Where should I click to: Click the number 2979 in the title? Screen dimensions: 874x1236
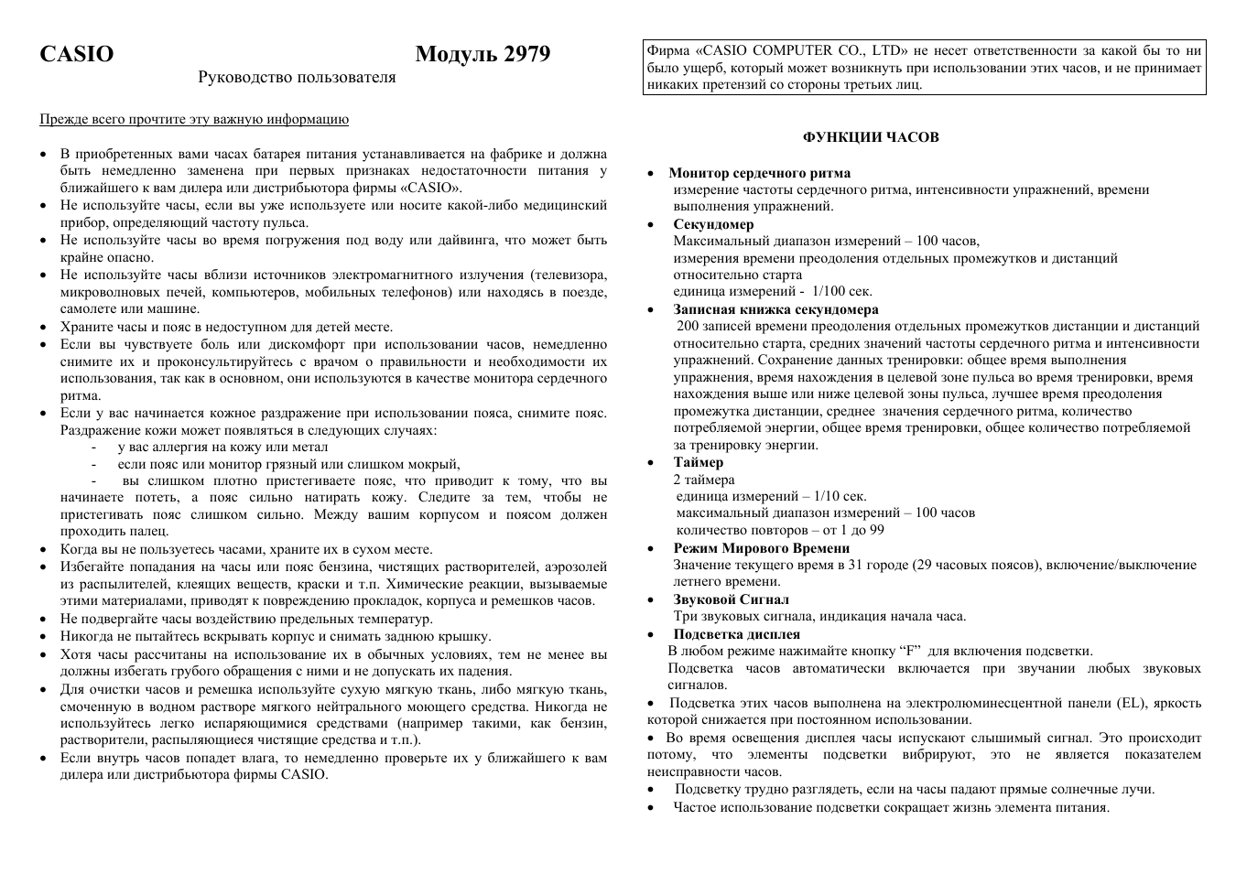pos(526,55)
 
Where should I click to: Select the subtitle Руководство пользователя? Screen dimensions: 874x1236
pos(297,78)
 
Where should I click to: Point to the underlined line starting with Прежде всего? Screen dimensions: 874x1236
pos(193,119)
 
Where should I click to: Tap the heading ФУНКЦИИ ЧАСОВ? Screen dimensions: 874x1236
pos(870,137)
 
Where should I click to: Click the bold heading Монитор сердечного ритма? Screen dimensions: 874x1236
pos(759,173)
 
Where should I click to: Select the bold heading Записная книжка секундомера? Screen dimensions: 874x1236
pos(775,309)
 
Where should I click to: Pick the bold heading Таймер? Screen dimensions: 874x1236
pos(698,462)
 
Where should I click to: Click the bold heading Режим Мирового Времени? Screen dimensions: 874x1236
pos(761,548)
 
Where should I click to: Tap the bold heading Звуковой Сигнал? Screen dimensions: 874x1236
pos(731,599)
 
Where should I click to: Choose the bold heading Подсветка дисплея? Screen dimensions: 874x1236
pos(736,634)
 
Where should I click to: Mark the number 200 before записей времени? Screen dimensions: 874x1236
pos(688,327)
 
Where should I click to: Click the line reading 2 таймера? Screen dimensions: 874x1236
pos(703,480)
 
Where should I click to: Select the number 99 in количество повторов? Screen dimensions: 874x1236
pos(876,531)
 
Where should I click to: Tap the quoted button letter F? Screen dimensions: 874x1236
pos(911,652)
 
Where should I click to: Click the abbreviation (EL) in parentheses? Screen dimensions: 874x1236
pos(1131,703)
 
